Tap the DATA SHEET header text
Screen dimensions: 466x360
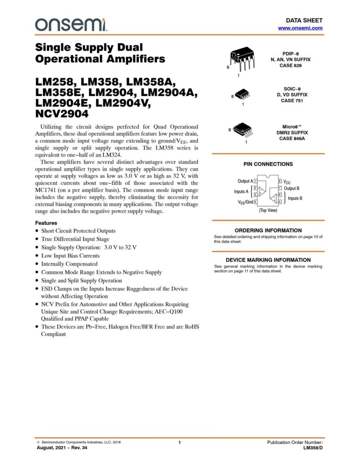(x=304, y=20)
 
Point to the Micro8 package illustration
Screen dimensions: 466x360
(x=243, y=130)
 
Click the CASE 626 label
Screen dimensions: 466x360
(x=290, y=66)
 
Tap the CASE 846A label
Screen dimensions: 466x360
(x=292, y=138)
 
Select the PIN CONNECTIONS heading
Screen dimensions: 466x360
(x=269, y=164)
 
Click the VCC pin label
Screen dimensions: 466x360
(x=287, y=182)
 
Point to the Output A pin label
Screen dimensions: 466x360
(x=245, y=181)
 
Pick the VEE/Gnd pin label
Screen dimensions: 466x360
(x=244, y=202)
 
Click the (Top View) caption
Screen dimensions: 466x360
(x=268, y=211)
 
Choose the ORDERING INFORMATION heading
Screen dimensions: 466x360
(x=268, y=230)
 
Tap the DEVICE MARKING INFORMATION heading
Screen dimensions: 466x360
(x=268, y=260)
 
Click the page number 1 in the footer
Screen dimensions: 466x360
(x=180, y=443)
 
